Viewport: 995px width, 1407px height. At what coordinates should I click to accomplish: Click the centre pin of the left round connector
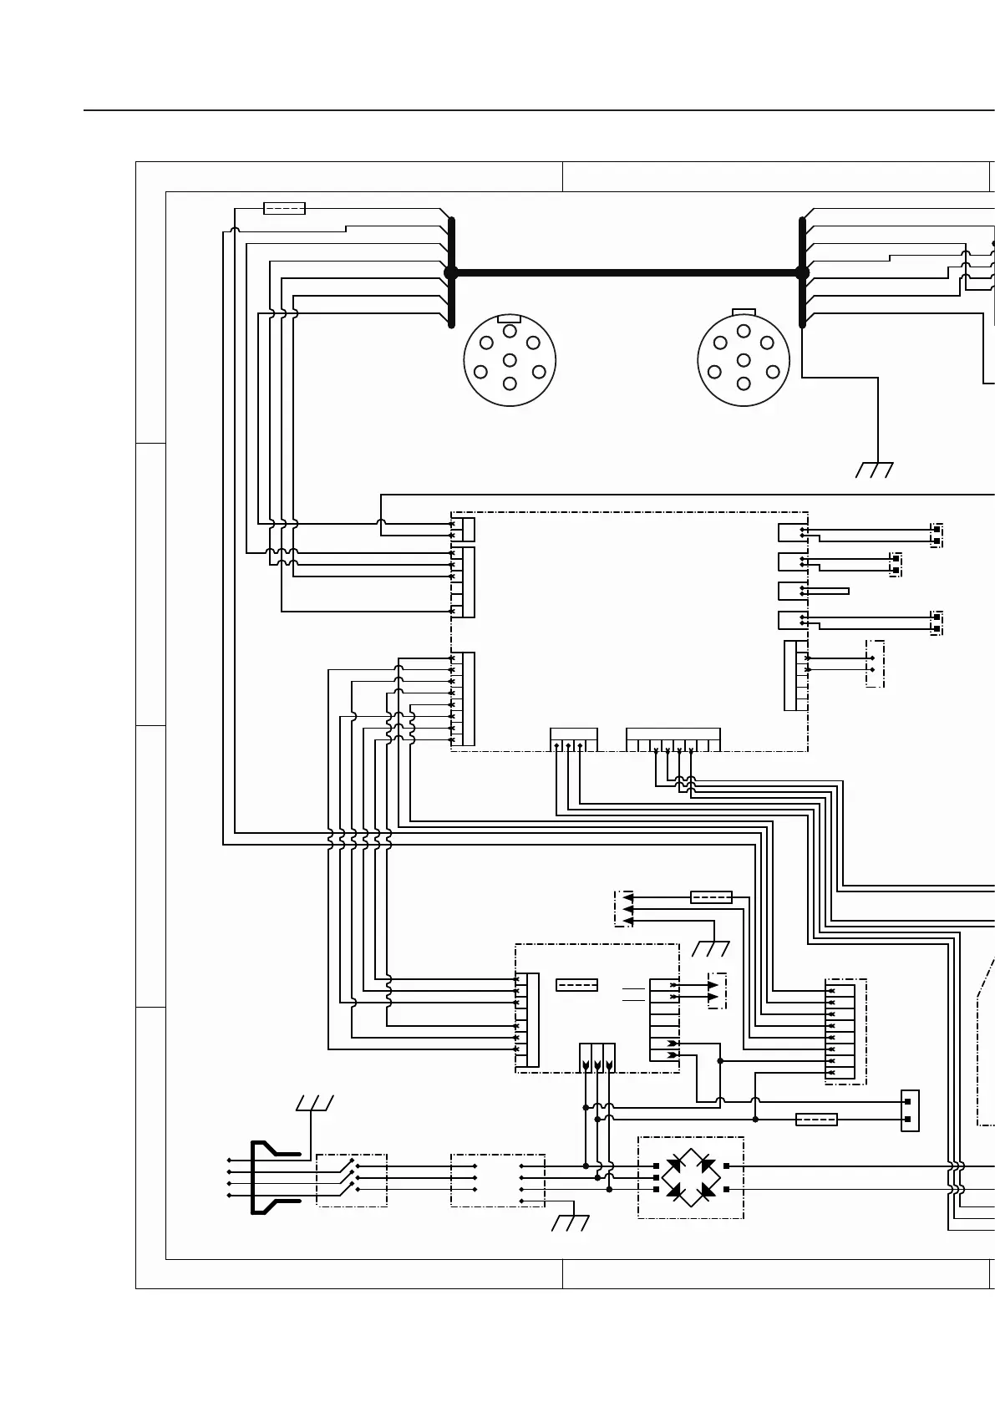click(x=510, y=360)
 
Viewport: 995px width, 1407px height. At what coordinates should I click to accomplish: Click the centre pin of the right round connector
click(x=744, y=360)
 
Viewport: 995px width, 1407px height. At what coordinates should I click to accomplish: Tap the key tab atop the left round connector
click(x=509, y=318)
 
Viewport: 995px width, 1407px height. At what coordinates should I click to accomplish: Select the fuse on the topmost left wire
click(x=284, y=208)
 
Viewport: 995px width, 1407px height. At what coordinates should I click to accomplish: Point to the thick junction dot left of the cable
click(x=451, y=272)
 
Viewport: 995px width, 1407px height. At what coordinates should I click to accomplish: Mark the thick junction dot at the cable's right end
click(x=802, y=272)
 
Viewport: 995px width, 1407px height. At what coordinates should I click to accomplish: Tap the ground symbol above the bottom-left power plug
click(x=314, y=1103)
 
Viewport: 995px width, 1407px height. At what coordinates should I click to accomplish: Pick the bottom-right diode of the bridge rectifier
click(x=708, y=1189)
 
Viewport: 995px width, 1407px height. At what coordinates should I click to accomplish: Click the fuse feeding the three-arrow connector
click(x=711, y=897)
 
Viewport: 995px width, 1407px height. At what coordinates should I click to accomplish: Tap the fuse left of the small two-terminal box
click(x=816, y=1120)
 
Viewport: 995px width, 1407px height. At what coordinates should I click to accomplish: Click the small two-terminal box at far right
click(x=910, y=1110)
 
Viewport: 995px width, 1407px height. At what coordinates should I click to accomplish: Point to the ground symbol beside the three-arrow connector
click(x=711, y=948)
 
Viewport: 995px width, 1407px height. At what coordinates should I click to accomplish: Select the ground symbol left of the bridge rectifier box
click(x=571, y=1223)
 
